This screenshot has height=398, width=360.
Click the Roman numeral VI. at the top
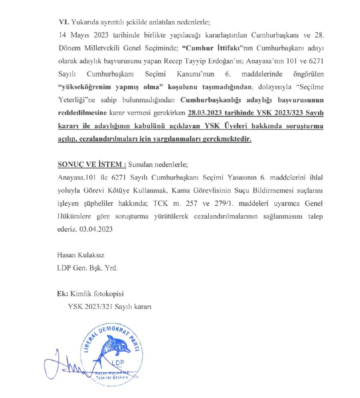(x=64, y=22)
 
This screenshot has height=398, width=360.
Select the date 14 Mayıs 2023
(x=83, y=35)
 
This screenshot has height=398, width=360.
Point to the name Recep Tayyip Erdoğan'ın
(x=208, y=61)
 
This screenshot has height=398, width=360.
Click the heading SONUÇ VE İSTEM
(x=92, y=165)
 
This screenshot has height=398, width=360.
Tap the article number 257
(x=191, y=204)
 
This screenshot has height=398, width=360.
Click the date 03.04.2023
(x=96, y=229)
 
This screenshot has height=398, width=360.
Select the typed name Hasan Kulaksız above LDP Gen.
(x=81, y=255)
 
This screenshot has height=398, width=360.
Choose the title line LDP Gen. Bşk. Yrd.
(x=87, y=268)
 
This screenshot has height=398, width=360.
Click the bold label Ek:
(x=63, y=294)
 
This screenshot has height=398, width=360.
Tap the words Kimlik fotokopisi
(x=97, y=294)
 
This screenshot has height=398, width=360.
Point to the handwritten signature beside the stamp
(x=67, y=367)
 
